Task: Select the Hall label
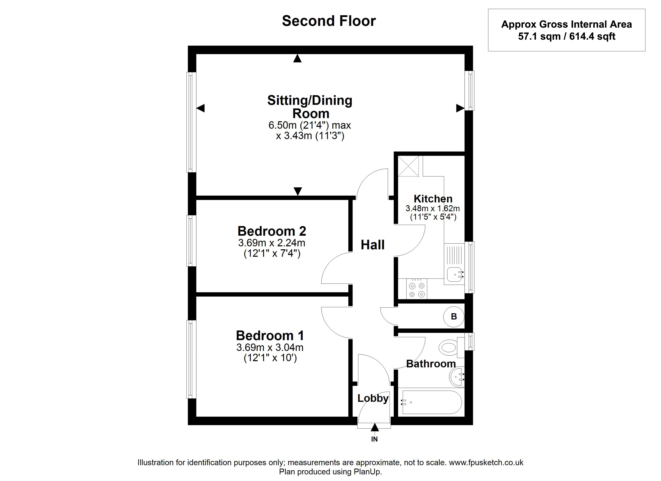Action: pos(373,245)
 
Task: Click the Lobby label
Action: pos(373,398)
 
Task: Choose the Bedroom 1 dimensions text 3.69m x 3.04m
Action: pos(270,347)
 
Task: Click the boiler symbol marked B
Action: pos(454,316)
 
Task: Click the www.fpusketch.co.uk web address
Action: pos(486,463)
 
